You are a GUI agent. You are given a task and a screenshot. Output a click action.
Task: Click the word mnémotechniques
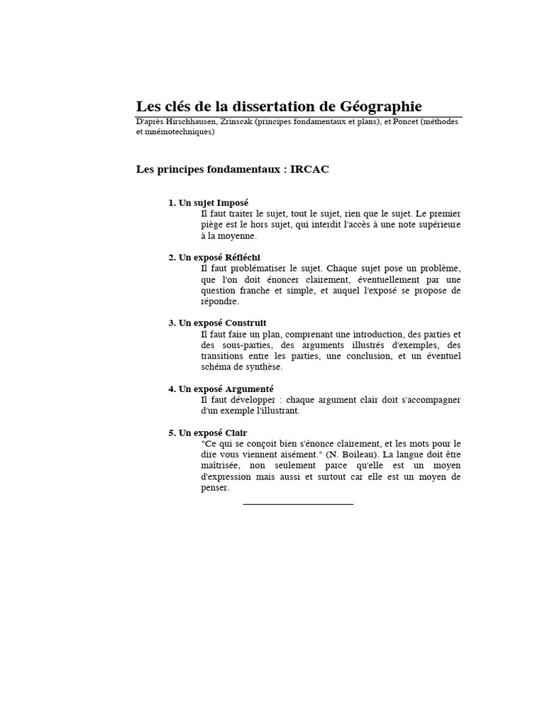tap(179, 132)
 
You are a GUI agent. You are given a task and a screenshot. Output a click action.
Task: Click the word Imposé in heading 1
tap(233, 203)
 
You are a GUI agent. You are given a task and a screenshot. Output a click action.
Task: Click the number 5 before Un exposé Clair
tap(171, 433)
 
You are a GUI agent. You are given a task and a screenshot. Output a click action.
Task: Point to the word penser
tap(215, 488)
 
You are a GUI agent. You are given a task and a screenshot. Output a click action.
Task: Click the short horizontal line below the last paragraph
tap(298, 503)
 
